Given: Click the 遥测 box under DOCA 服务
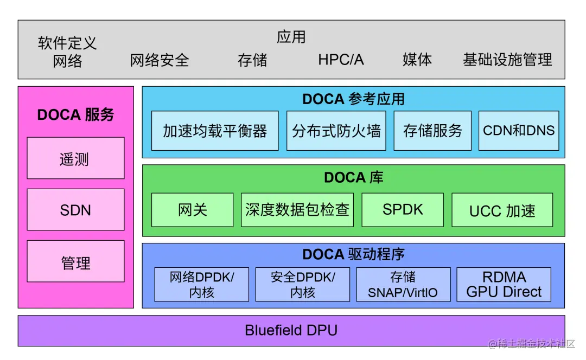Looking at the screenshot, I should (x=75, y=158).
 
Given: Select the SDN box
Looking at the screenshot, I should (x=75, y=210).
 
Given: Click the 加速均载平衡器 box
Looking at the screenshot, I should (x=215, y=131).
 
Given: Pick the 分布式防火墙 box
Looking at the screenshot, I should (x=336, y=131).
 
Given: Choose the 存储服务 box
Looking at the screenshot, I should (x=432, y=131).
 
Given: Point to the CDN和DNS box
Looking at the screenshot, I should (x=519, y=131).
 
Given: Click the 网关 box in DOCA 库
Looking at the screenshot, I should (x=192, y=210).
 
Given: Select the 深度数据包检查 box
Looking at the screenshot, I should (x=297, y=210).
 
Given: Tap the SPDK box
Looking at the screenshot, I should (x=402, y=210).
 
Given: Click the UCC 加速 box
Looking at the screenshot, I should (x=502, y=210).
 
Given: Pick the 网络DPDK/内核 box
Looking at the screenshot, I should (x=201, y=285).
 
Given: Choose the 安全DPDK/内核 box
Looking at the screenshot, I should (x=302, y=285).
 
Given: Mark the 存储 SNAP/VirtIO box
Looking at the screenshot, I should (x=403, y=285).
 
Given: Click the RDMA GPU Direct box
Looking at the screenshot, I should (x=504, y=285).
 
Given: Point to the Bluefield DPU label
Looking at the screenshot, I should (x=291, y=330).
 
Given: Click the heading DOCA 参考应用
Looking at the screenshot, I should (x=353, y=99).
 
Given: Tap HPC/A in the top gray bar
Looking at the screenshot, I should (x=341, y=60).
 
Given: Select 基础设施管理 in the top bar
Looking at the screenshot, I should (x=507, y=60).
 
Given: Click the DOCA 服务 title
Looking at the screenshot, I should (x=75, y=115).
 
